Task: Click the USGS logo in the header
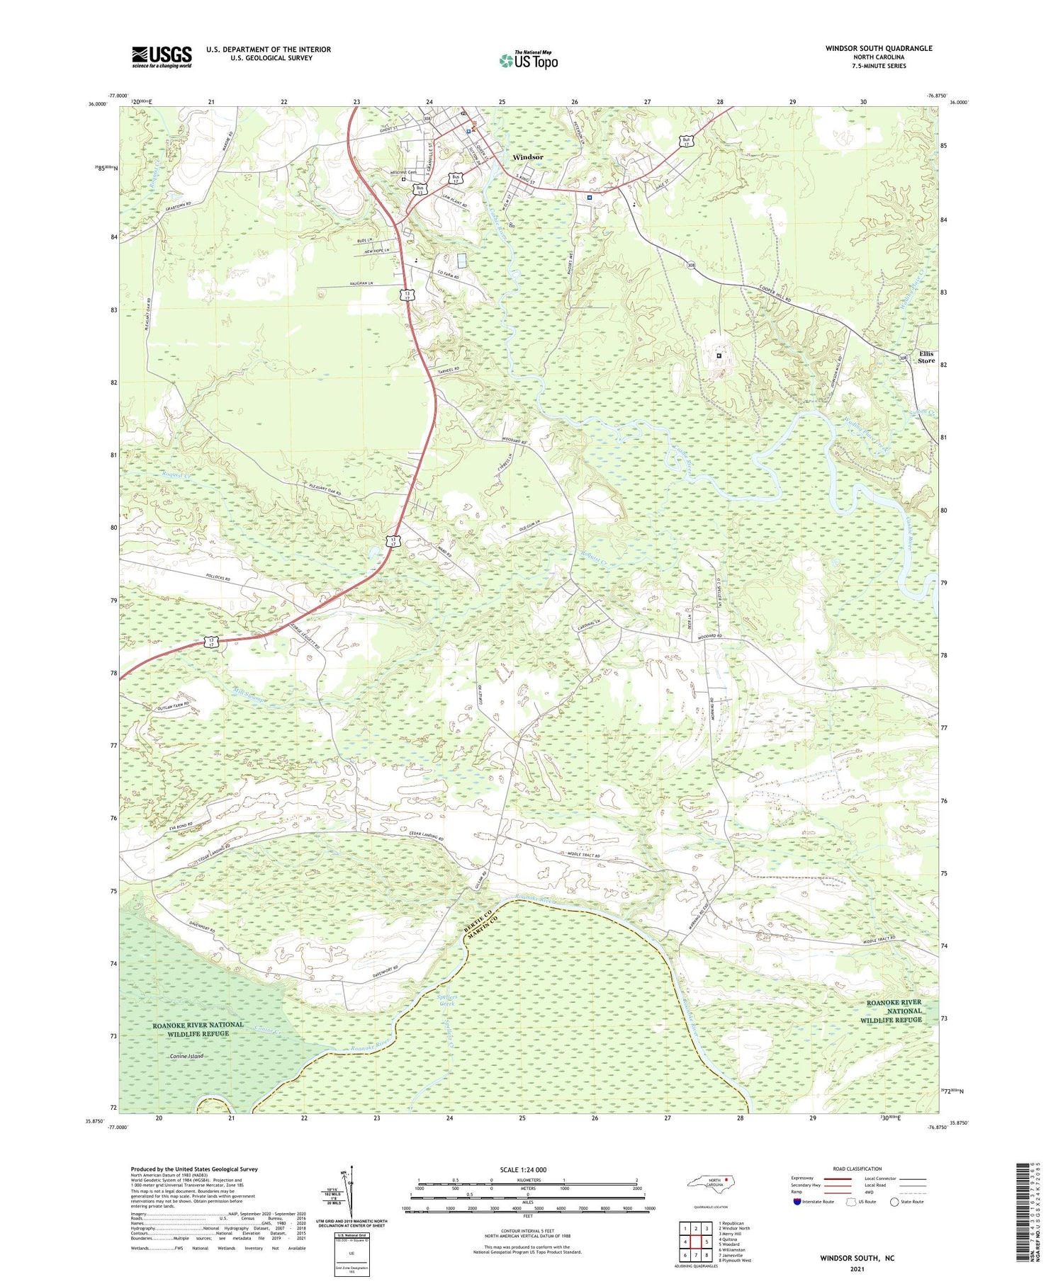[x=162, y=57]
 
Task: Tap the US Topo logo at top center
[x=529, y=60]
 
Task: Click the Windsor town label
[x=528, y=157]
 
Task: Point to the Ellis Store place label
[x=926, y=357]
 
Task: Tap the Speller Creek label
[x=446, y=1001]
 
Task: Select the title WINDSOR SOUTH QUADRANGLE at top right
[x=879, y=48]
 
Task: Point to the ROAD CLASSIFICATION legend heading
[x=857, y=1169]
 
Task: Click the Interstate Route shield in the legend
[x=797, y=1202]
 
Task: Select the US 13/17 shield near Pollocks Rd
[x=211, y=641]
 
